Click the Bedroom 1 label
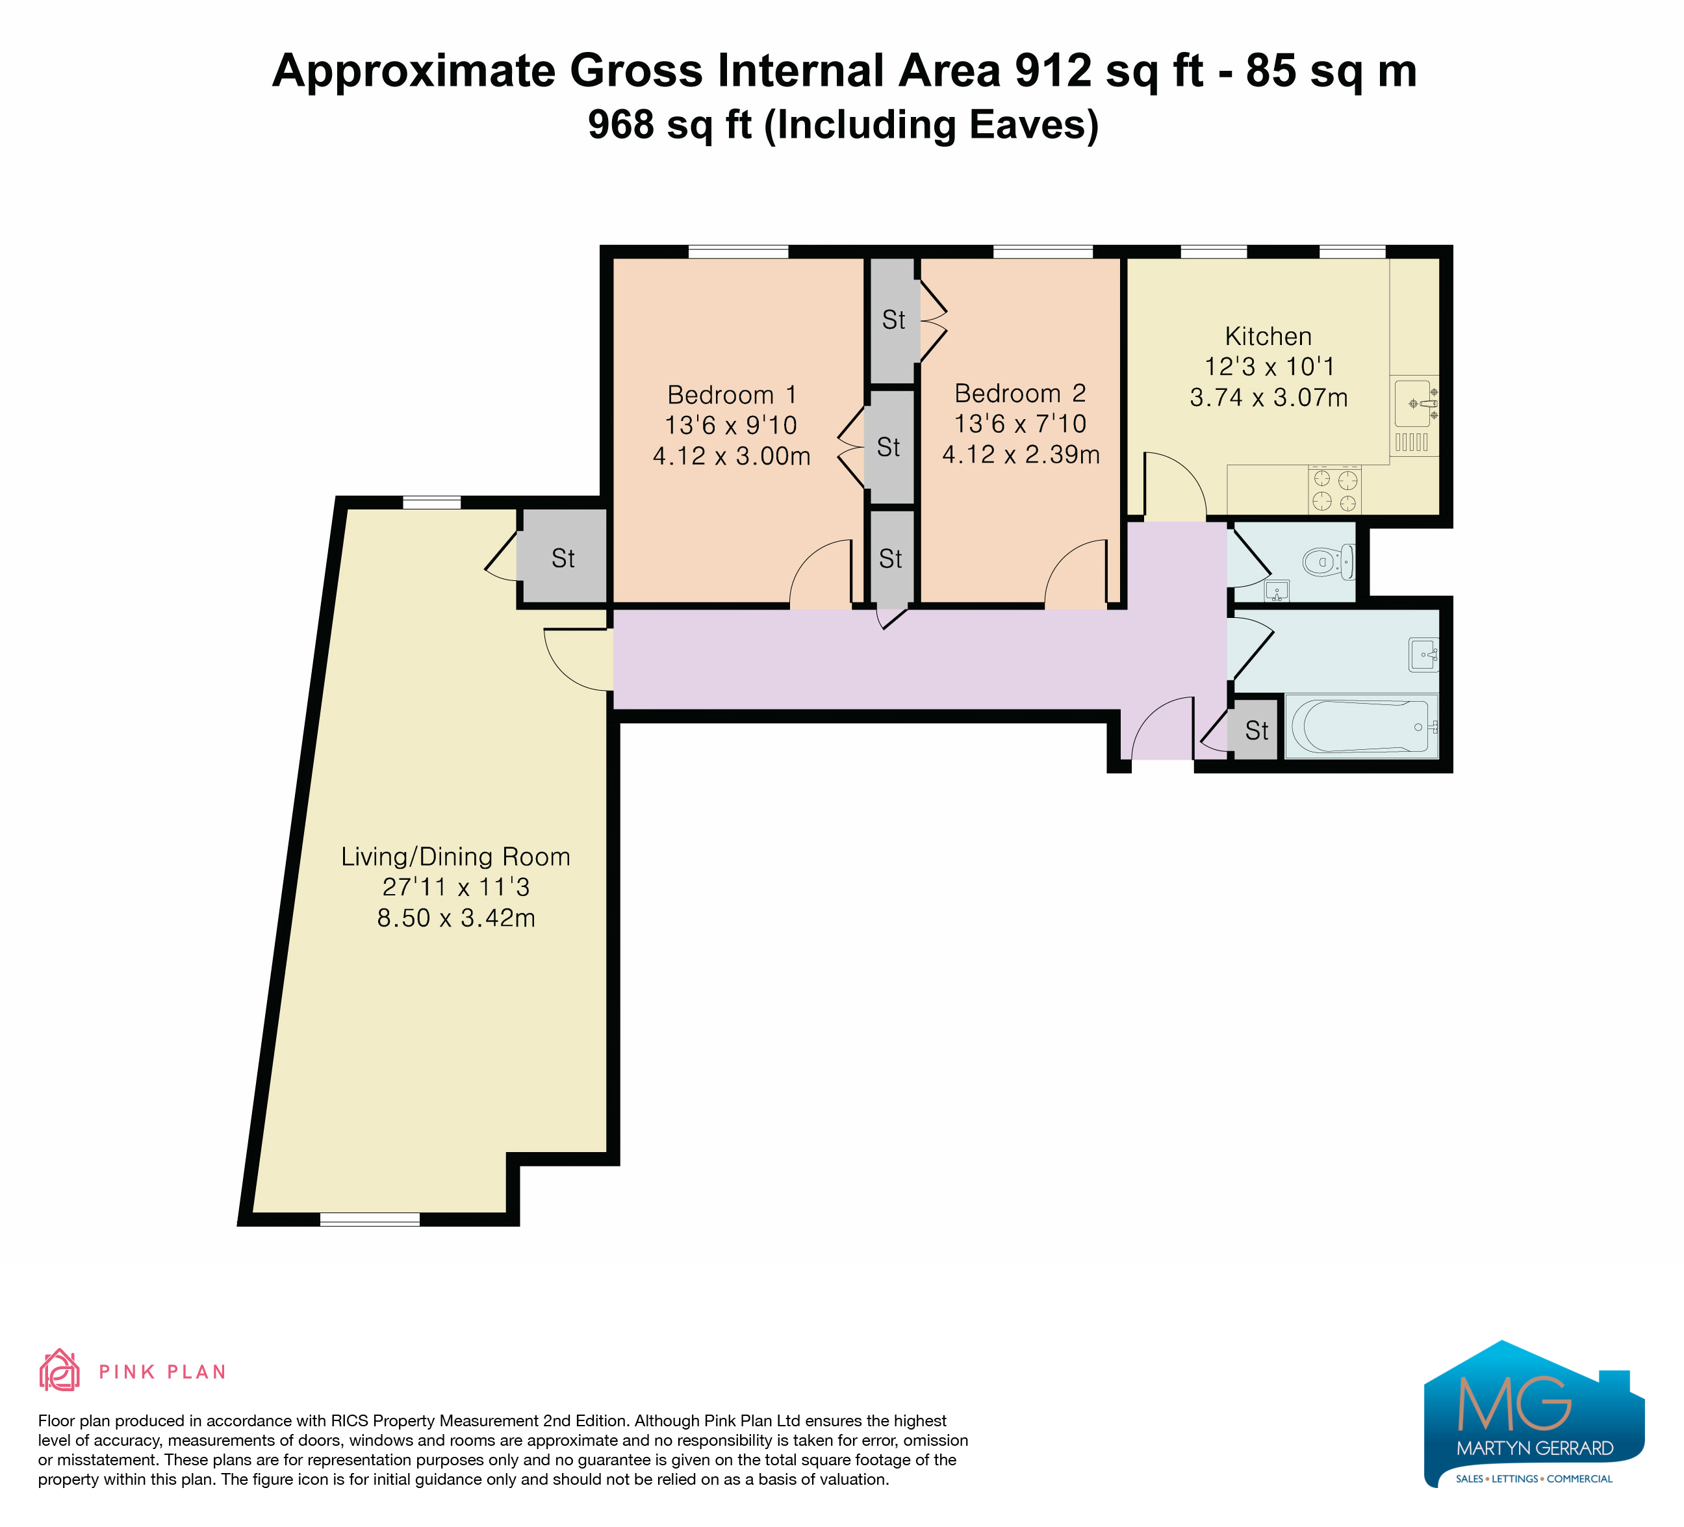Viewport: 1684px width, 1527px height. pyautogui.click(x=732, y=394)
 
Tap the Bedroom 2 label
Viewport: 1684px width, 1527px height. pyautogui.click(x=1020, y=392)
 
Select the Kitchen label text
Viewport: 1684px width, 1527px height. pyautogui.click(x=1268, y=336)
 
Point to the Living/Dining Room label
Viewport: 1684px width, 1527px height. pyautogui.click(x=456, y=857)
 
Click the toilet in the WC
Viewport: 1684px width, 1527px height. pyautogui.click(x=1328, y=561)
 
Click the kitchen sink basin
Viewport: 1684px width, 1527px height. pyautogui.click(x=1413, y=404)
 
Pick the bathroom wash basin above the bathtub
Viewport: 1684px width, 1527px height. pyautogui.click(x=1423, y=655)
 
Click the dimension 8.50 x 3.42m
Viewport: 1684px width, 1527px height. pyautogui.click(x=456, y=918)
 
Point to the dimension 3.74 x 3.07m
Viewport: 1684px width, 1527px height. pyautogui.click(x=1269, y=398)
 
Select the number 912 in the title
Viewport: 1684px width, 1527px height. pyautogui.click(x=1052, y=70)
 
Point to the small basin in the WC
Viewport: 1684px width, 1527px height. pyautogui.click(x=1277, y=591)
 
